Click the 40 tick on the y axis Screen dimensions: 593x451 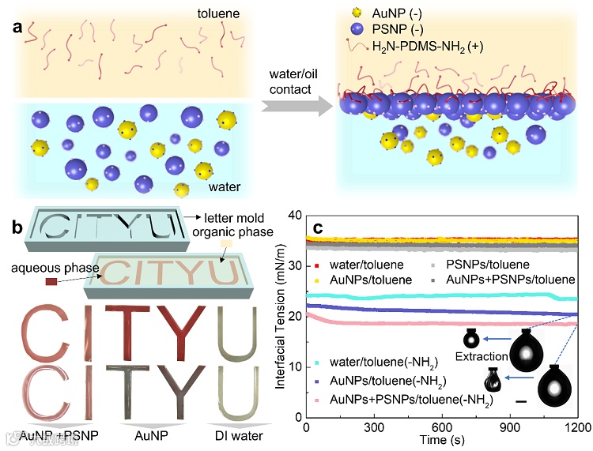[294, 216]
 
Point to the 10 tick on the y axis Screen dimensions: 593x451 [294, 367]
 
